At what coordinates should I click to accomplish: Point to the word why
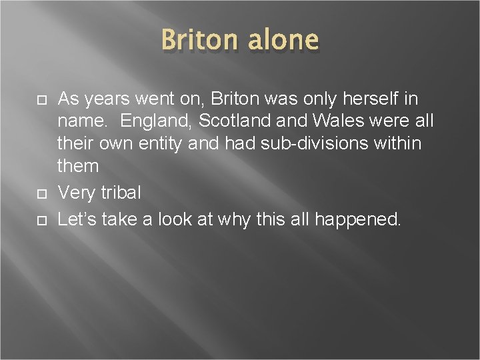[232, 219]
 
